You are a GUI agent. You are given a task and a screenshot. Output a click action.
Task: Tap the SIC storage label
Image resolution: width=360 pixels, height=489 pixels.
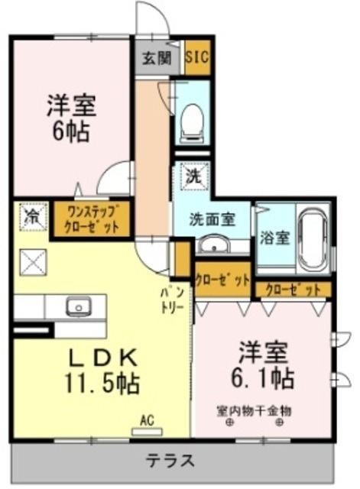[198, 58]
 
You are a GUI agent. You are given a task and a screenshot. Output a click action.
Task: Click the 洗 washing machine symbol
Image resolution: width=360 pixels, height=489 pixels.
[193, 175]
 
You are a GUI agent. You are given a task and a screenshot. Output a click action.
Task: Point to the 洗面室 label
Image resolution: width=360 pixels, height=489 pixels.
[212, 219]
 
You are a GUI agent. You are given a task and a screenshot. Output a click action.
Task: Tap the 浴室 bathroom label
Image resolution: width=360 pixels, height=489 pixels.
[273, 237]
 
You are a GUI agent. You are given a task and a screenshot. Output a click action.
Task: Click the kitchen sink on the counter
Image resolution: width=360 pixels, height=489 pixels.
[77, 307]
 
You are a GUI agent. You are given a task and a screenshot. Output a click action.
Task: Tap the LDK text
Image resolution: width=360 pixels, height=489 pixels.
[103, 356]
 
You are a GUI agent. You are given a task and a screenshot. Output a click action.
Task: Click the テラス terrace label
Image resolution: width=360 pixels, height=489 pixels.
[170, 461]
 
